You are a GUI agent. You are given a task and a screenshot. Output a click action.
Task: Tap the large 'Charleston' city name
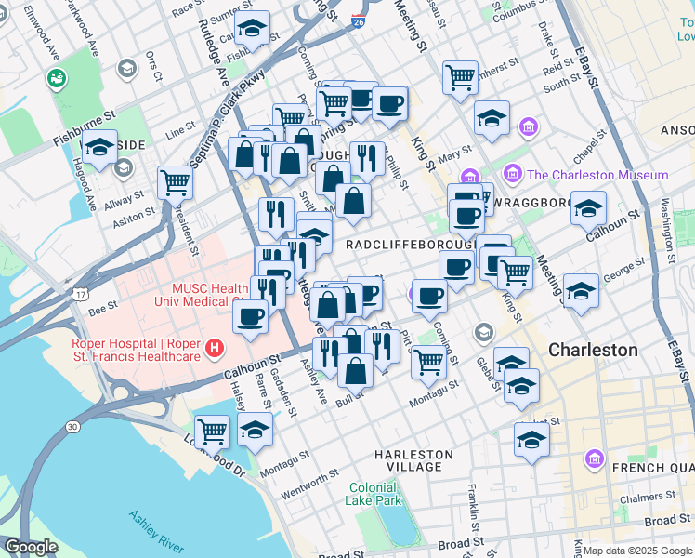(593, 351)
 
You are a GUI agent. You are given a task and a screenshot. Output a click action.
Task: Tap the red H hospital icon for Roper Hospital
(216, 350)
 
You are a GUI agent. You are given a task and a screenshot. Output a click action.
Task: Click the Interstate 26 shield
(359, 20)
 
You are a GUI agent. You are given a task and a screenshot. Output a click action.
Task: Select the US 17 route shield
(82, 295)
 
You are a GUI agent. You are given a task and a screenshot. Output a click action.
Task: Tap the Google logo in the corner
(31, 547)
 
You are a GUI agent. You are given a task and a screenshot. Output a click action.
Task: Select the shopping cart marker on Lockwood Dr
(213, 431)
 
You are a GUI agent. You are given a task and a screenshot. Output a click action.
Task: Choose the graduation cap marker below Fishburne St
(99, 147)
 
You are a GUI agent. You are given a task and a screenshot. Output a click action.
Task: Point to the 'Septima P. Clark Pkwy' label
(227, 116)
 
